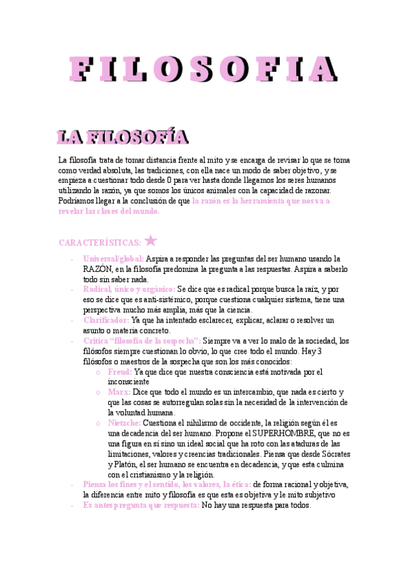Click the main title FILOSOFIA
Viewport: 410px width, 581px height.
pos(205,69)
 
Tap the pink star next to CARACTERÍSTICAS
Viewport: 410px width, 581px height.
pos(151,240)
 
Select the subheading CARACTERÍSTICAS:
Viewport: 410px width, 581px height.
pos(99,243)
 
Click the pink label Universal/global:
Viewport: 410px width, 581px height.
pos(113,259)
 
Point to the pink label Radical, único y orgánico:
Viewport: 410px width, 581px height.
pos(129,290)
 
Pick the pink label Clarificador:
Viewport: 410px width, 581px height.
pos(106,320)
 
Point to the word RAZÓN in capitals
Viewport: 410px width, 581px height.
pos(97,269)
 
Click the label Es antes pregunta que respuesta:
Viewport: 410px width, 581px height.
pos(141,505)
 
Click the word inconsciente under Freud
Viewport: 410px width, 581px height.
pos(131,382)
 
